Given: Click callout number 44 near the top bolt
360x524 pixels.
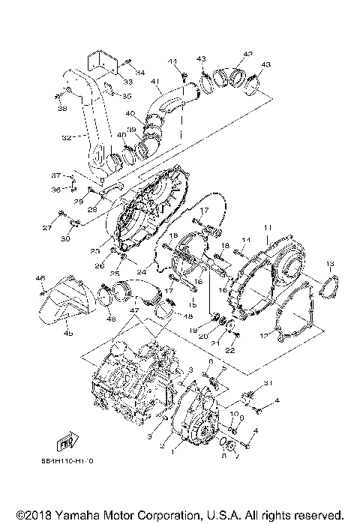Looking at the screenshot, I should click(172, 61).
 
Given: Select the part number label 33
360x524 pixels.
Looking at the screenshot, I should click(128, 82).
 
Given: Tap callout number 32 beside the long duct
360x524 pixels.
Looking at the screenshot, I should click(66, 138).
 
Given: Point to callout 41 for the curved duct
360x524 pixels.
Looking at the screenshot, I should click(156, 81).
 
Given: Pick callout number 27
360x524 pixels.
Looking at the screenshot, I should click(46, 227).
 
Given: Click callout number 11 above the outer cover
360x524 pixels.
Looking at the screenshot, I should click(268, 226).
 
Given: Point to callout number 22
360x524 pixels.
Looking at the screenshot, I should click(231, 351).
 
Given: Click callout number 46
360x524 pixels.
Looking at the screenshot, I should click(40, 278).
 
